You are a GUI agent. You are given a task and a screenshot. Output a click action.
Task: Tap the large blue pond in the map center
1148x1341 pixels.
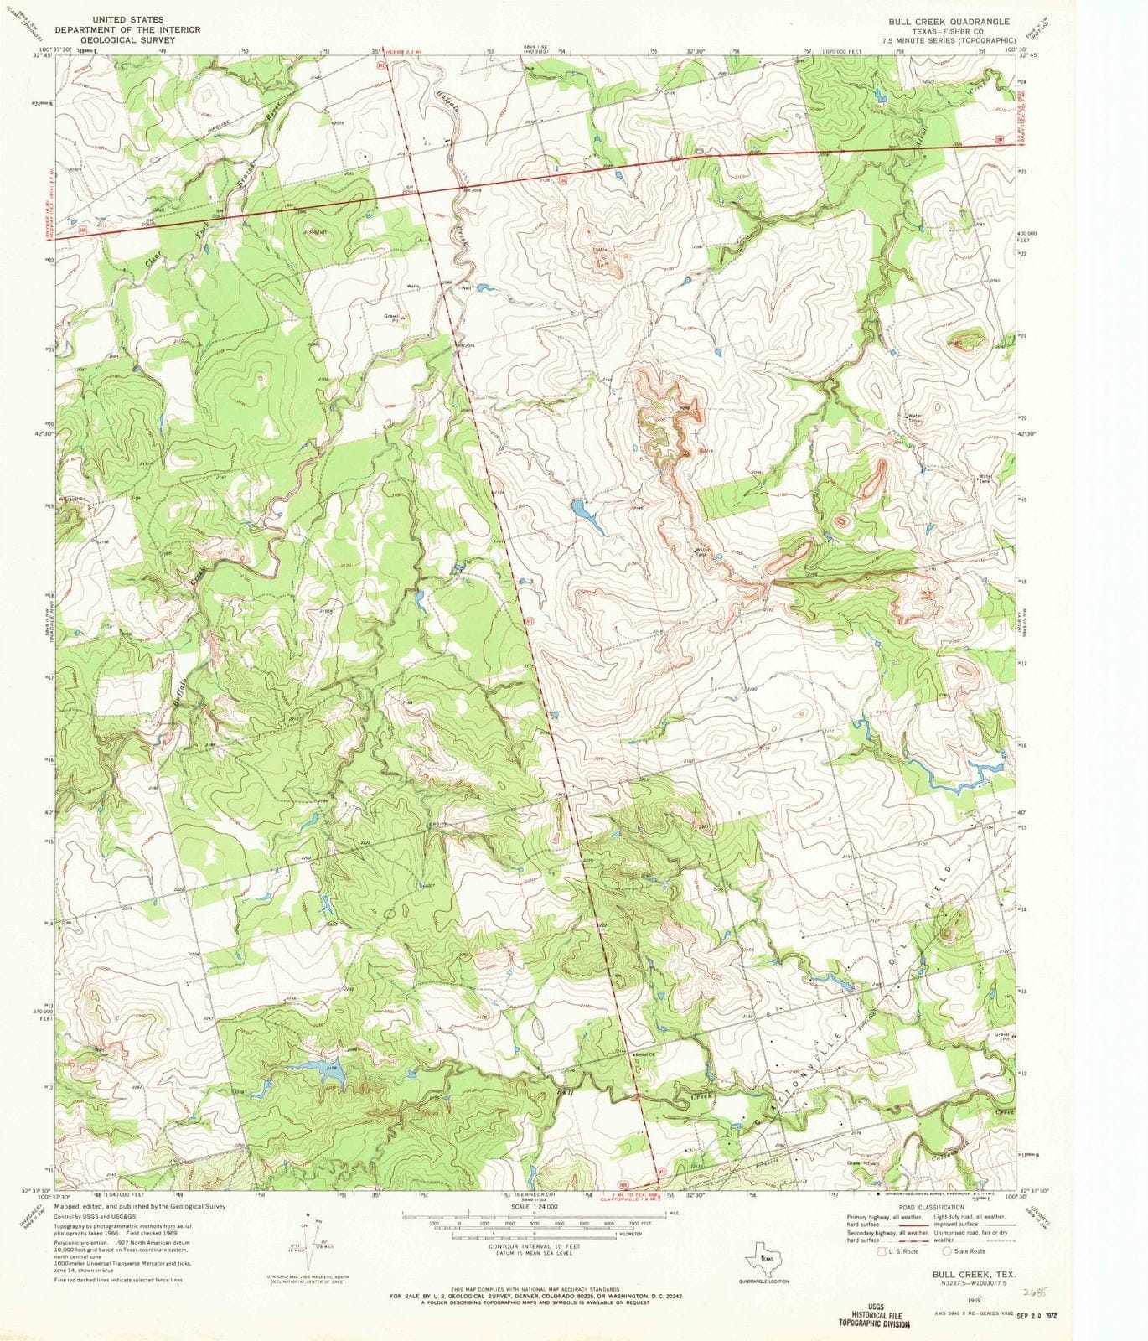tap(580, 508)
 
